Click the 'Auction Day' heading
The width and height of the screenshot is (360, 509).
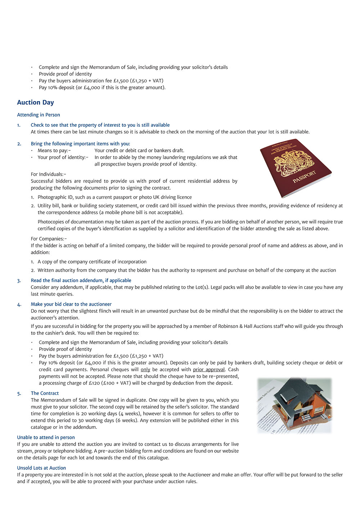point(35,103)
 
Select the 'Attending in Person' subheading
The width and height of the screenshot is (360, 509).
point(39,115)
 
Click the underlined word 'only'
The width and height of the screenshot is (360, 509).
point(145,370)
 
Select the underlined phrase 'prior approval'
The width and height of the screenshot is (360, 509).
point(209,370)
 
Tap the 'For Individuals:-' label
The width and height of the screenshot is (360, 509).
point(49,174)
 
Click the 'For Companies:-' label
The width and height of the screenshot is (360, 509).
point(49,239)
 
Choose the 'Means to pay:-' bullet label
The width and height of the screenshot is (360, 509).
point(54,150)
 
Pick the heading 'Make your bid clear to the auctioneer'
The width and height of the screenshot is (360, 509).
point(71,304)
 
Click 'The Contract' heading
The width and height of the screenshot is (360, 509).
point(45,393)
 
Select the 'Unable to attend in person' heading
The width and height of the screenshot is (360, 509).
point(46,437)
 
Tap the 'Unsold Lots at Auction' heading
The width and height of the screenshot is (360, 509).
point(41,468)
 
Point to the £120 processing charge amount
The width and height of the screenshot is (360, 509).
point(95,383)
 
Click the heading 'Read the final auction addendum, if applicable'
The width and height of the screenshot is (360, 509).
point(81,280)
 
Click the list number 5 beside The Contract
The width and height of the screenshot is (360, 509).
point(19,393)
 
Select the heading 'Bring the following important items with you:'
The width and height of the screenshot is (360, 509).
point(81,144)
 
